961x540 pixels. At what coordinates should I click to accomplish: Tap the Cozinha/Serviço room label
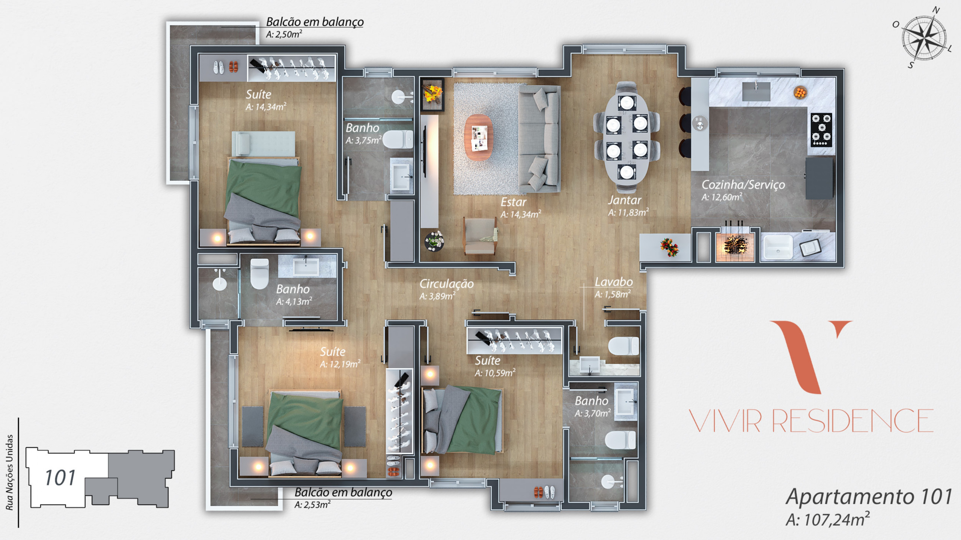743,184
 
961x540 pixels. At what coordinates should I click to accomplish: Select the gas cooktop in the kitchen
821,130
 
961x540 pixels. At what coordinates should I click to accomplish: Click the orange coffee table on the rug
479,137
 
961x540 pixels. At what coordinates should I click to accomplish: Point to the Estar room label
513,202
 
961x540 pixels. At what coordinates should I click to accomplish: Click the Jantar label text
624,200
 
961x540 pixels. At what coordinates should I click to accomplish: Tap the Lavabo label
614,282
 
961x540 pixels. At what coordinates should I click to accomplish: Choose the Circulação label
446,284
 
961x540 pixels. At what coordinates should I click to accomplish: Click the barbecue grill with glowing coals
735,246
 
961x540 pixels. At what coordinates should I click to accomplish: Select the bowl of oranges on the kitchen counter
800,92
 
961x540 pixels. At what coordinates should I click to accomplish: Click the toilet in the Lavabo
623,346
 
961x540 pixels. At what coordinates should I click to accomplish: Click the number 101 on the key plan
60,478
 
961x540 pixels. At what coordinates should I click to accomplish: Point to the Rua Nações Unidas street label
9,472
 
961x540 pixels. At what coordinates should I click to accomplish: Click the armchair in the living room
480,236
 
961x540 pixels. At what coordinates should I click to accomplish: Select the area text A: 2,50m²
284,34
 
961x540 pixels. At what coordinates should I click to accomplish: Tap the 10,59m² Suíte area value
495,373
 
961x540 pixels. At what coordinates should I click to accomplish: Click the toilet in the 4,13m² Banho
259,274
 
